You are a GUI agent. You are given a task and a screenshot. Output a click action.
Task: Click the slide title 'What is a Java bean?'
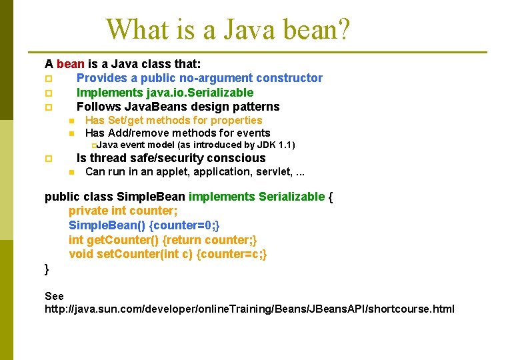point(228,29)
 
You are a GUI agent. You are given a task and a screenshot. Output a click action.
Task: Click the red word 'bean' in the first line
point(71,64)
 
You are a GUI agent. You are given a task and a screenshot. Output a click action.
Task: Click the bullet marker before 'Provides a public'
point(48,79)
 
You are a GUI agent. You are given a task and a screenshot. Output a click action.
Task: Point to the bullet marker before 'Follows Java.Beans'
point(48,107)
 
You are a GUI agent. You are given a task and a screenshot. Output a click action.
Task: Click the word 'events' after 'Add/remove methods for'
point(254,133)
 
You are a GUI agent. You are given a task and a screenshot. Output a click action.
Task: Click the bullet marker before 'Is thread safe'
point(48,159)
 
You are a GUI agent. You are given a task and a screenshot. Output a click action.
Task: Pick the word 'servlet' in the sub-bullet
point(272,172)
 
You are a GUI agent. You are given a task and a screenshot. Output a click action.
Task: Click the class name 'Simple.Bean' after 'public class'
point(151,197)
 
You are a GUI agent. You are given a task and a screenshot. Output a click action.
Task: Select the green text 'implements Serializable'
point(257,197)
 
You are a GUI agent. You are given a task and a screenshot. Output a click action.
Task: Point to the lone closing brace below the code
point(47,268)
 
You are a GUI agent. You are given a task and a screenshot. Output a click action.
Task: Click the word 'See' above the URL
point(54,296)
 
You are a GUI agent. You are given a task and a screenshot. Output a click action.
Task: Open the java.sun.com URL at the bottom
point(249,309)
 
